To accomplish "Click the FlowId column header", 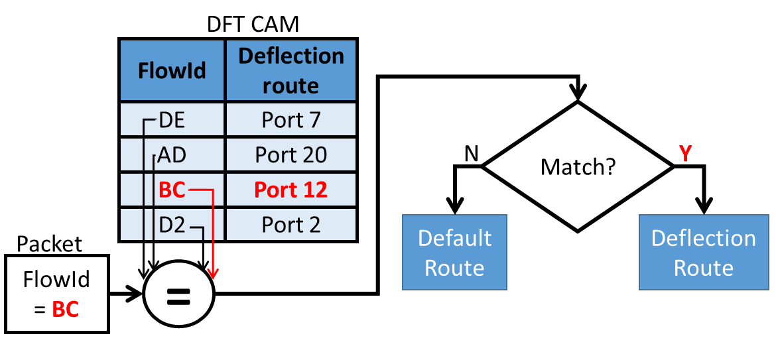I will point(172,71).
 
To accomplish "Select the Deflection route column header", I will point(291,70).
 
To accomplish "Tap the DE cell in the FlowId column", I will point(172,120).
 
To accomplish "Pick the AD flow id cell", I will point(172,155).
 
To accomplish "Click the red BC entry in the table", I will point(172,190).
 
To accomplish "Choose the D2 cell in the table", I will point(172,225).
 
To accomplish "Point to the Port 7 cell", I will point(291,120).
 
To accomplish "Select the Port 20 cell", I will point(291,155).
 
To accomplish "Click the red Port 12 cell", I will point(291,190).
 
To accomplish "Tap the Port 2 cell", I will point(291,225).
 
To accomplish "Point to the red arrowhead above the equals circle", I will point(213,273).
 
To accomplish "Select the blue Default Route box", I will point(454,252).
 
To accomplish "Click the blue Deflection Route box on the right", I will point(703,252).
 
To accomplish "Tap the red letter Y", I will point(686,154).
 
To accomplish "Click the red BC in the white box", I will point(66,309).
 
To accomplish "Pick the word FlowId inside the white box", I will point(56,280).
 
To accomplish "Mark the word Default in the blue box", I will point(454,239).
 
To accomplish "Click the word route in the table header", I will point(291,86).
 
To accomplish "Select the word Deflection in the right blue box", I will point(703,239).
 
